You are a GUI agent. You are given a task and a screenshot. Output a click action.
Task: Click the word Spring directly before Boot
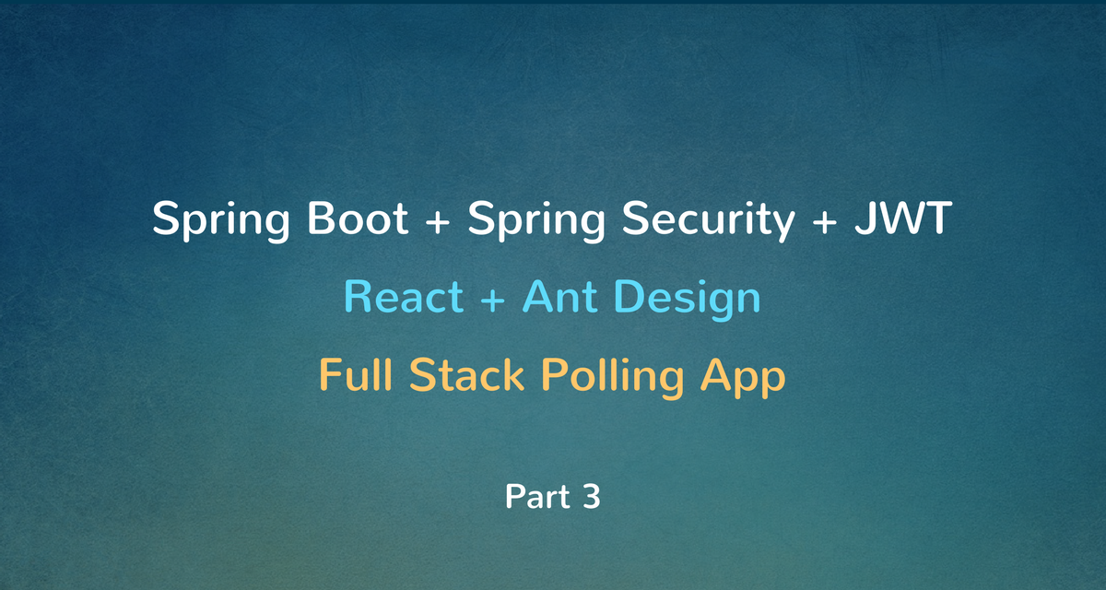click(x=220, y=220)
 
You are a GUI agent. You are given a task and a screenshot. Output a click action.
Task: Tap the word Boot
click(x=358, y=218)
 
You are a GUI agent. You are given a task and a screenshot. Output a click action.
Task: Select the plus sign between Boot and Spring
click(x=438, y=220)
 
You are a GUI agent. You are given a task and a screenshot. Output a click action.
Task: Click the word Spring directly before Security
click(x=536, y=220)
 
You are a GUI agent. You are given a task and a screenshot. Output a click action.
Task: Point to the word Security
click(x=708, y=220)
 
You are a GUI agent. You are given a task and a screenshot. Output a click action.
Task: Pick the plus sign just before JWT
click(x=825, y=220)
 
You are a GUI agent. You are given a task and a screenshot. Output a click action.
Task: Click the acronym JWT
click(x=903, y=218)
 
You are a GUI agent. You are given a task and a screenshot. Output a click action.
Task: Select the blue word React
click(x=404, y=296)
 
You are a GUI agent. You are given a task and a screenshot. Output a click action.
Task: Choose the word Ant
click(x=560, y=296)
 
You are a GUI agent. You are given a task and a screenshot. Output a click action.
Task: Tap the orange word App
click(x=743, y=377)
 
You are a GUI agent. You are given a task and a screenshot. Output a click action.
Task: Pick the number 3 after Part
click(x=592, y=496)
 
